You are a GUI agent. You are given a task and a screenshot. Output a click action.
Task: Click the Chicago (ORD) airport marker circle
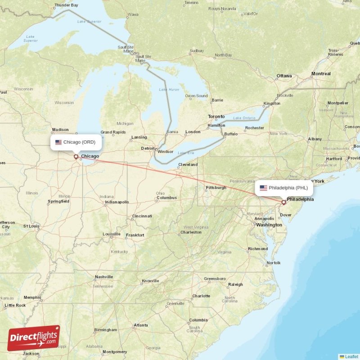76,157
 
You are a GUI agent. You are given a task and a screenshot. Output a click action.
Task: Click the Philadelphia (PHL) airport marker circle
283,202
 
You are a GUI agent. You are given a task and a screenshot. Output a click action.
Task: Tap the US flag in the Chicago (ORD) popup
58,142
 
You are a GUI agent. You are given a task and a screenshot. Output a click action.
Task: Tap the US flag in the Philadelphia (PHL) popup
263,188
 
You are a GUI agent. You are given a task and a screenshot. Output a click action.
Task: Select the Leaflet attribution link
351,356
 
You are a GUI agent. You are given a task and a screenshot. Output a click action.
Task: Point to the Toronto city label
216,117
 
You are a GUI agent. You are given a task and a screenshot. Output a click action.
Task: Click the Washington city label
269,225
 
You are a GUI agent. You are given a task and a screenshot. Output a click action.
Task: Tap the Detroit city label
148,148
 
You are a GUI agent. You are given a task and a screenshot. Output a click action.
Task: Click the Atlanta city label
141,325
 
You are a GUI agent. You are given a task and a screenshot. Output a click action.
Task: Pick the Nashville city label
103,277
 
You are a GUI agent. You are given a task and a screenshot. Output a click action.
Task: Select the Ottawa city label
284,76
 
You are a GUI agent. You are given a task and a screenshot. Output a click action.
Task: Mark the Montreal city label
321,73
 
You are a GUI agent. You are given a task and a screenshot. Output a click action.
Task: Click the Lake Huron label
169,90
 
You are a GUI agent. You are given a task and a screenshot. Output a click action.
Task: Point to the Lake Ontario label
244,118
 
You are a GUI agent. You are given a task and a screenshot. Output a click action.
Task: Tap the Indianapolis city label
117,202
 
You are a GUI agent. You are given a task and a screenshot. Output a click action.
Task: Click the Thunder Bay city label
66,5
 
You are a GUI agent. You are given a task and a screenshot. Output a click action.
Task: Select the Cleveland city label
188,165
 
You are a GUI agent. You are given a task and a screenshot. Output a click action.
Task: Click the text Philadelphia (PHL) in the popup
288,188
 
